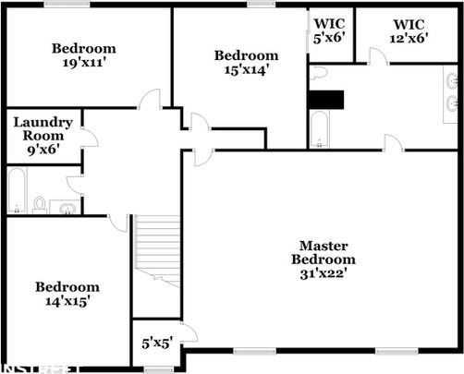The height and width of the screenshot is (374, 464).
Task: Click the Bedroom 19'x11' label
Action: pyautogui.click(x=83, y=56)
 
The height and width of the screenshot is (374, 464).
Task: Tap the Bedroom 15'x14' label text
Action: pyautogui.click(x=246, y=63)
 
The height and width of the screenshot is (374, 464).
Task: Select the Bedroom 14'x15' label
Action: pyautogui.click(x=67, y=294)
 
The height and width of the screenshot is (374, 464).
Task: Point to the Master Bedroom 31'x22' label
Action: pyautogui.click(x=323, y=259)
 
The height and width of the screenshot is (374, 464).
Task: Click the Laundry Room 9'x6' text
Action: pyautogui.click(x=38, y=135)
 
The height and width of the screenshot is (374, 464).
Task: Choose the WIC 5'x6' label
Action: pyautogui.click(x=329, y=31)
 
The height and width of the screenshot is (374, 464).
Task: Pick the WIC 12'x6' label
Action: pyautogui.click(x=408, y=31)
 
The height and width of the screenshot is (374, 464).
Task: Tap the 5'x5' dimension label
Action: pyautogui.click(x=156, y=343)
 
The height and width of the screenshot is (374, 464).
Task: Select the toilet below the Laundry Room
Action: pyautogui.click(x=39, y=203)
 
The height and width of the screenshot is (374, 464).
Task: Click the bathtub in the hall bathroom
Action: pyautogui.click(x=18, y=191)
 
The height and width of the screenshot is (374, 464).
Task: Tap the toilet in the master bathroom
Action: pyautogui.click(x=319, y=73)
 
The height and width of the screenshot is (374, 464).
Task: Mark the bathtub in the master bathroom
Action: pyautogui.click(x=319, y=129)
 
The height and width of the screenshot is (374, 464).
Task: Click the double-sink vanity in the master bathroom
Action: pyautogui.click(x=451, y=93)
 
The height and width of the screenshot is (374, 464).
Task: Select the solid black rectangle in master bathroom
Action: pyautogui.click(x=325, y=99)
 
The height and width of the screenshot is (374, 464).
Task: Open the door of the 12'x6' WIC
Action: pyautogui.click(x=376, y=56)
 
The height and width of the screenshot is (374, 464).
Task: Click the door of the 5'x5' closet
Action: pyautogui.click(x=188, y=332)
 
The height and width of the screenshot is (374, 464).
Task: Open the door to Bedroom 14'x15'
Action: pyautogui.click(x=117, y=222)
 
